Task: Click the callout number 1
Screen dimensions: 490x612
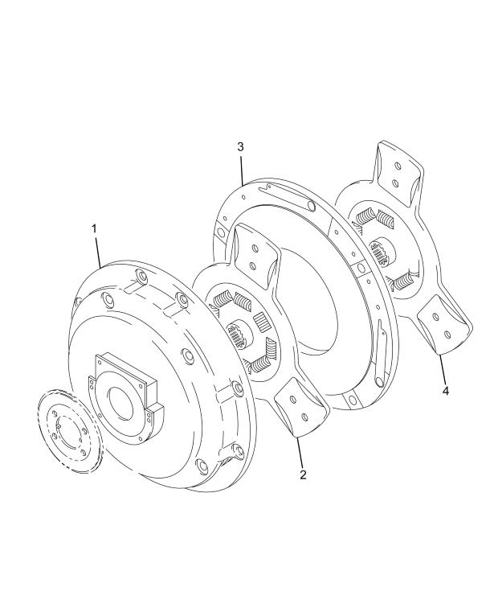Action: pos(94,229)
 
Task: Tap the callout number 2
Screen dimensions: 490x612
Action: pos(303,474)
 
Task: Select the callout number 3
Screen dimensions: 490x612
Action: pos(240,146)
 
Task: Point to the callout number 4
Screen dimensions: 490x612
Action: pos(446,391)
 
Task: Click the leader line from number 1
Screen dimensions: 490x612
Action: pos(97,252)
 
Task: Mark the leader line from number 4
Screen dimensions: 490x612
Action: pos(443,369)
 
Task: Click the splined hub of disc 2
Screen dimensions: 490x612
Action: pos(238,333)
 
